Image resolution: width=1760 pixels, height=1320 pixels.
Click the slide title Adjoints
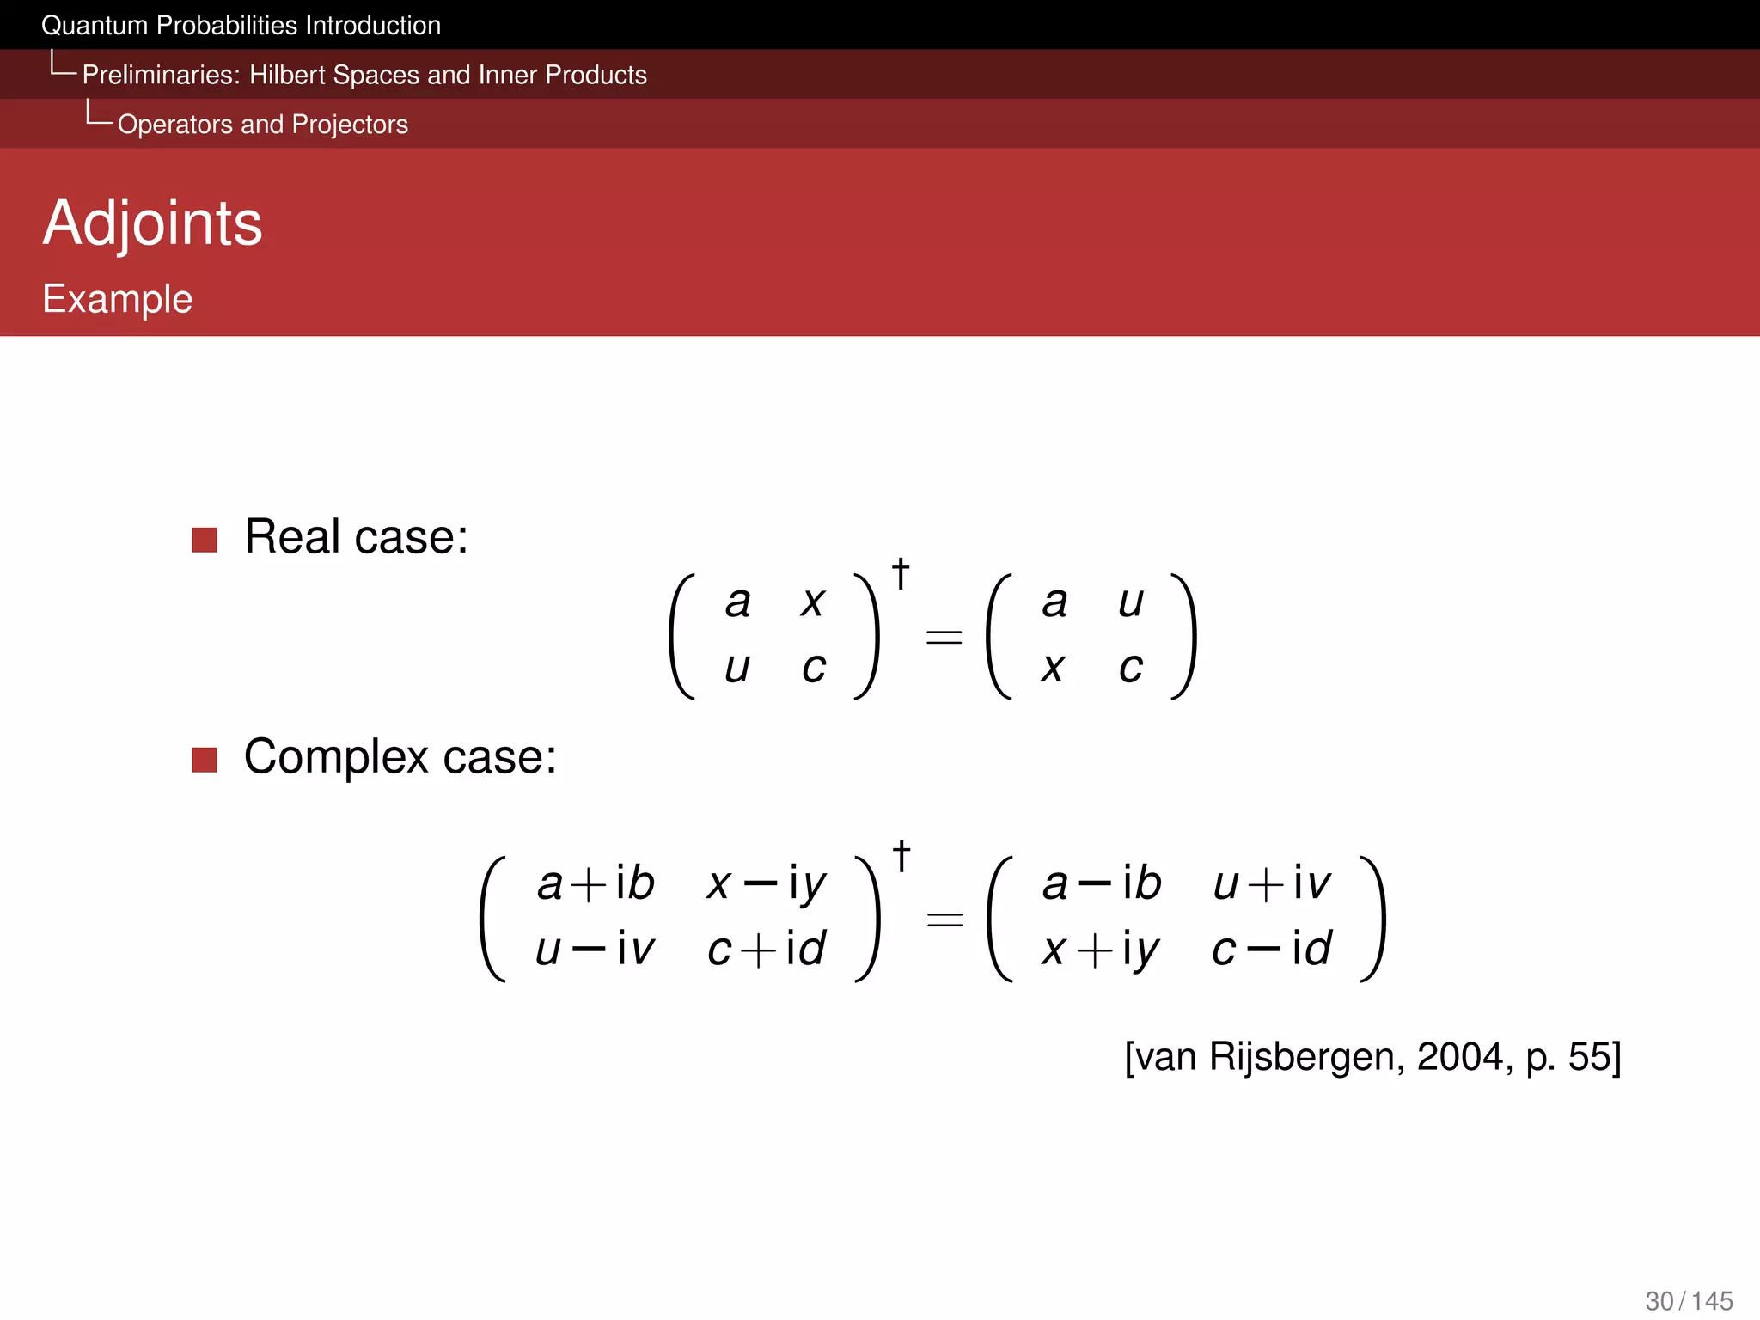pos(152,223)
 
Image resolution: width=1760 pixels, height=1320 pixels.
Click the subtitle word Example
pos(118,299)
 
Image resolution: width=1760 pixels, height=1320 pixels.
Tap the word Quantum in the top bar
pos(95,26)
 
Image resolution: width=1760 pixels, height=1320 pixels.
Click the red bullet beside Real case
pos(205,540)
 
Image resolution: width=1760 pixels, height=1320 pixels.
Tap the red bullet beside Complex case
pos(205,760)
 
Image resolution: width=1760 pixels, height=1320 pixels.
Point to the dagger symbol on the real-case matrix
pos(901,573)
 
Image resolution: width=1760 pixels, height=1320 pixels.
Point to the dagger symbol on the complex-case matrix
pos(901,856)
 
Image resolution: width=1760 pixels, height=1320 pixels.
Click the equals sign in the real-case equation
pos(944,637)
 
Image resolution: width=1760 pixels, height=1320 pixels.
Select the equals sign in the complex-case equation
pos(944,920)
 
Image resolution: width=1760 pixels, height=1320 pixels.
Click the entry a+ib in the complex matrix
pos(596,883)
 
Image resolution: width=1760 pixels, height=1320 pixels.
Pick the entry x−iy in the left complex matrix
pos(766,883)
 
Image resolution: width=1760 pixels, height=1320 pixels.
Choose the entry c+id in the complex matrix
pos(766,950)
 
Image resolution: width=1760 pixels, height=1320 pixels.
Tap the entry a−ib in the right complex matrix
pos(1101,883)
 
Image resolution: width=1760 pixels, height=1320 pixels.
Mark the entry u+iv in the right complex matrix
pos(1272,883)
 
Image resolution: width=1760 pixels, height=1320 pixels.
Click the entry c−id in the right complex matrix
pos(1272,950)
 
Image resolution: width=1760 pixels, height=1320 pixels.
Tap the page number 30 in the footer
pos(1659,1300)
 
